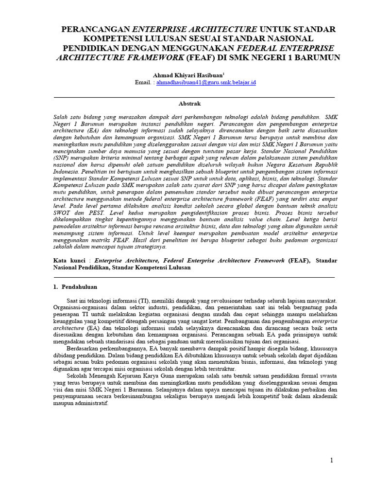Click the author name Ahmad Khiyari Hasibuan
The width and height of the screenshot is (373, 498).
click(188, 75)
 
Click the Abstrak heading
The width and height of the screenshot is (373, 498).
click(189, 104)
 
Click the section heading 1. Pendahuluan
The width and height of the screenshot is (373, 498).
click(75, 287)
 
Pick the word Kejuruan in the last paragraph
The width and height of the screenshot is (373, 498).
click(125, 375)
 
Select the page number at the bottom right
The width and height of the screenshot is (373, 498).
click(331, 461)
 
